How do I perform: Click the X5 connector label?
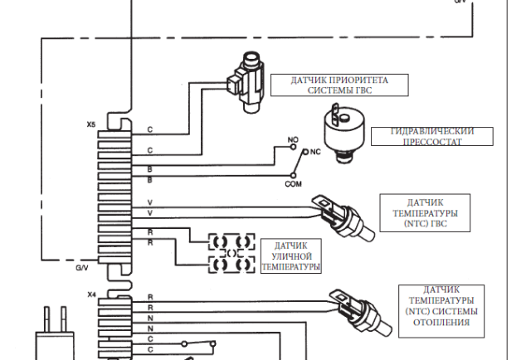(x=90, y=124)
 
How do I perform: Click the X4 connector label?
(x=92, y=294)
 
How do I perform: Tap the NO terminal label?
(x=293, y=140)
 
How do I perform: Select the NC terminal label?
(x=315, y=152)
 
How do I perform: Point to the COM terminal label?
(x=293, y=184)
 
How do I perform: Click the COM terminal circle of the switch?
(x=293, y=175)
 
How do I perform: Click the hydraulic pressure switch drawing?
(x=343, y=133)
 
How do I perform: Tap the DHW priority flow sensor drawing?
(x=246, y=82)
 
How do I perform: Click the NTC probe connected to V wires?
(x=343, y=217)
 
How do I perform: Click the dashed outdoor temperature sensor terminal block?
(x=231, y=253)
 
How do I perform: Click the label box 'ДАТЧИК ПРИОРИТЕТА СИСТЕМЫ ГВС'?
(x=339, y=85)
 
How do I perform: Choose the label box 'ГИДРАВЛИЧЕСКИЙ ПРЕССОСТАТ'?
(x=432, y=137)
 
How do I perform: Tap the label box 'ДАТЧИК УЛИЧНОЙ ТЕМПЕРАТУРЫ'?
(x=291, y=255)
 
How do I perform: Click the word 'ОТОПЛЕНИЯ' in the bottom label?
(x=441, y=322)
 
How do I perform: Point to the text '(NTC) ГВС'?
(x=426, y=223)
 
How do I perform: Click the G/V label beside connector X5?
(x=82, y=268)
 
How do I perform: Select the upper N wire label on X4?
(x=150, y=318)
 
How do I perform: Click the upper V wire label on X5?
(x=150, y=202)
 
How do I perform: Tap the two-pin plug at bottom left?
(x=55, y=333)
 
